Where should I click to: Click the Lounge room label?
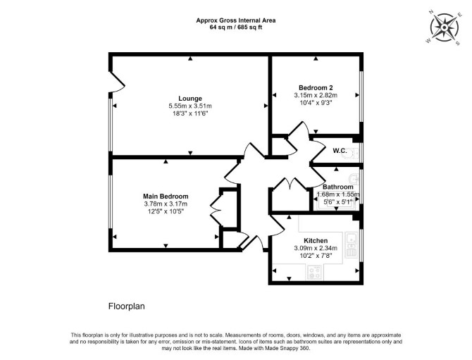(x=190, y=99)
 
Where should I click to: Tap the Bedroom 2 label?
(x=316, y=88)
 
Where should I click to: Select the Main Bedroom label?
(x=166, y=197)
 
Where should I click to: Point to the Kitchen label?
(x=316, y=241)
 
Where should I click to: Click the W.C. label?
(x=340, y=151)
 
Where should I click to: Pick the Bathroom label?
(x=337, y=187)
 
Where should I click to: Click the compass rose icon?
(x=445, y=27)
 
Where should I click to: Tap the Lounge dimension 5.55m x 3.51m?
(x=190, y=106)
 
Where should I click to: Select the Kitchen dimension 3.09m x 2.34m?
(x=316, y=248)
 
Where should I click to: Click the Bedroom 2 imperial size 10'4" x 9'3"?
(x=316, y=103)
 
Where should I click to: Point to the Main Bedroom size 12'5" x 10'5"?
(x=166, y=211)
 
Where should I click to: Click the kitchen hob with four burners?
(x=315, y=272)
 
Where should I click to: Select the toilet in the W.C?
(x=354, y=153)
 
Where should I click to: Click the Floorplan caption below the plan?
(x=126, y=306)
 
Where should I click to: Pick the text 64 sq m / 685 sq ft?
(x=236, y=27)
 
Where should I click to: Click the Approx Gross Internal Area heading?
(x=236, y=20)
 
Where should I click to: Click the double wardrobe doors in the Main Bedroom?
(x=217, y=209)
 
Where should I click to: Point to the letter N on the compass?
(x=431, y=12)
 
